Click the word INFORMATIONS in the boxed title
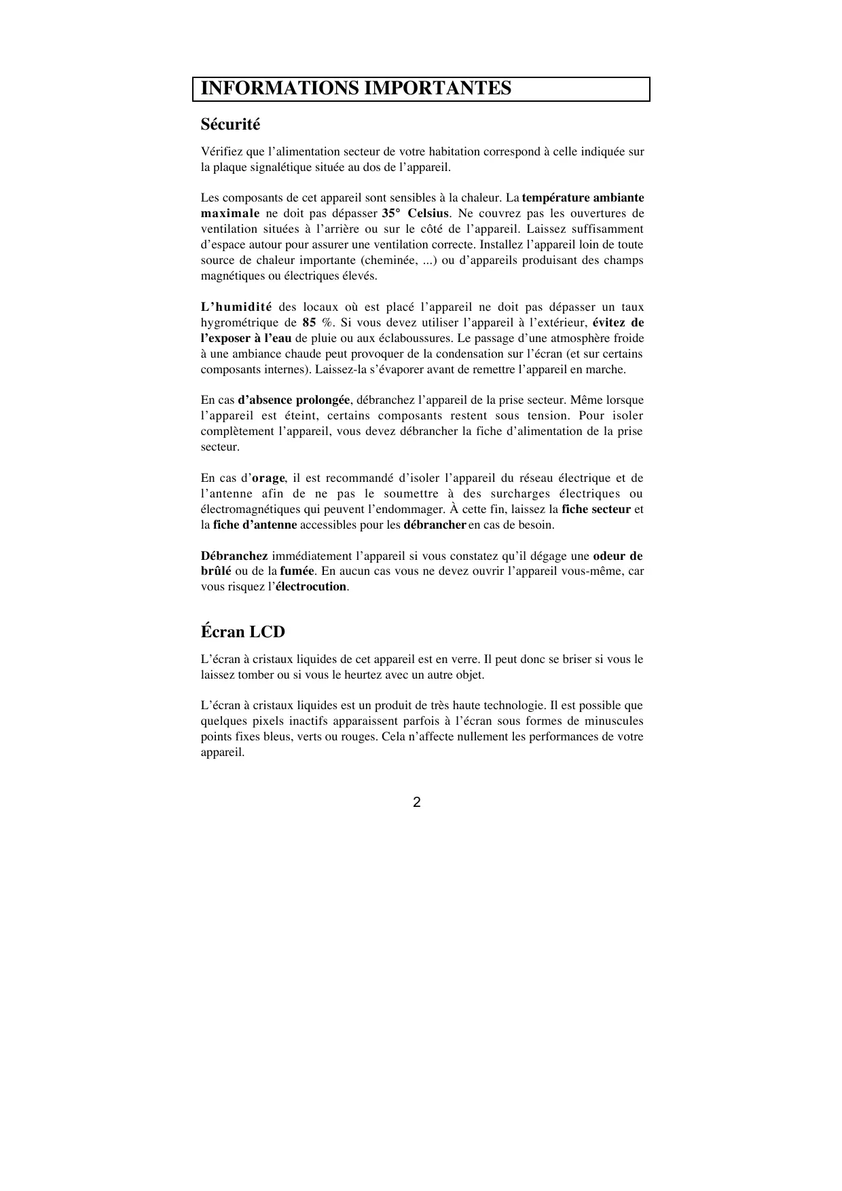pyautogui.click(x=279, y=89)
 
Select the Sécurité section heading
pyautogui.click(x=230, y=125)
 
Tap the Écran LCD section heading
pyautogui.click(x=242, y=632)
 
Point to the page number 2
pyautogui.click(x=417, y=803)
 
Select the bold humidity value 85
pyautogui.click(x=309, y=323)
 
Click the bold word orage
pyautogui.click(x=268, y=478)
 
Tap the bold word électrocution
pyautogui.click(x=311, y=587)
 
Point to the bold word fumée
pyautogui.click(x=297, y=571)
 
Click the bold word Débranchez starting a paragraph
pyautogui.click(x=234, y=556)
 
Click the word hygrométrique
pyautogui.click(x=239, y=323)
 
